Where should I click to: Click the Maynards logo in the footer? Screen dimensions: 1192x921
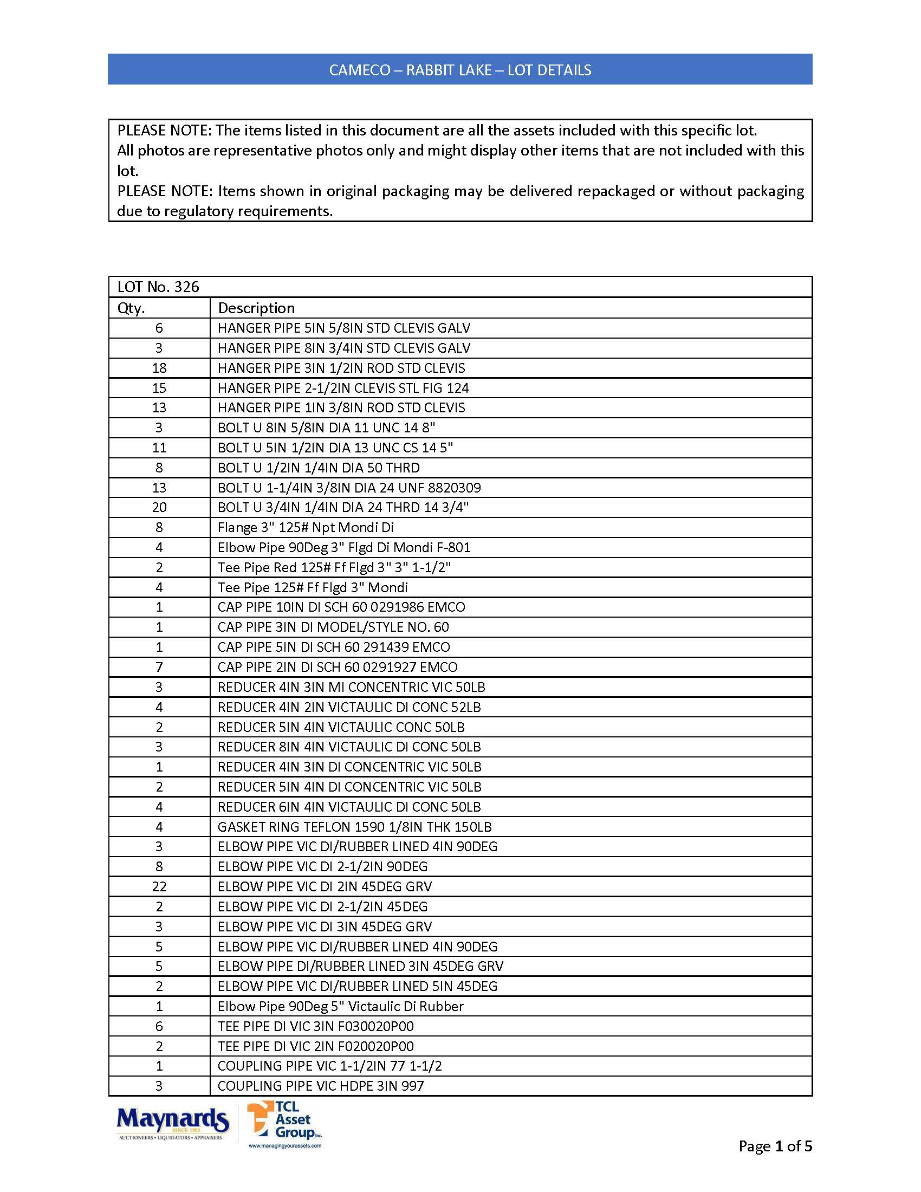pos(172,1123)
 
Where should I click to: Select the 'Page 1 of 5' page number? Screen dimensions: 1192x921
pos(775,1146)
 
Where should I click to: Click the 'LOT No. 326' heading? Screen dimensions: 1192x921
pos(158,287)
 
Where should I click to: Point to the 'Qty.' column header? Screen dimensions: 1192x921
pos(132,308)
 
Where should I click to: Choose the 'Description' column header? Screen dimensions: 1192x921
pos(256,308)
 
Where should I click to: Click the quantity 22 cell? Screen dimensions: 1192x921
pos(159,887)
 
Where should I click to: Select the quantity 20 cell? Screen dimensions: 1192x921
pos(159,508)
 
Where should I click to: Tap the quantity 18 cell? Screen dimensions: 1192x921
pos(159,368)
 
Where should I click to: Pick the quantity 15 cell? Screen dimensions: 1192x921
pos(159,388)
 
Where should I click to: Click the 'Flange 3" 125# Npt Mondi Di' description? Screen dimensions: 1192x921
pos(306,528)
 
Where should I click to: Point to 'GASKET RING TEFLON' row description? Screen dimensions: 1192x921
pos(355,827)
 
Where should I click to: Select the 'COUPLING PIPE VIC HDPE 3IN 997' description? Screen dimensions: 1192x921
pos(321,1086)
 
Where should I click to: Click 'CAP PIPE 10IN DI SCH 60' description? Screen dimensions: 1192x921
pos(341,607)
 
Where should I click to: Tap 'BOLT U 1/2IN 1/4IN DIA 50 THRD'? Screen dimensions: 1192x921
pos(319,468)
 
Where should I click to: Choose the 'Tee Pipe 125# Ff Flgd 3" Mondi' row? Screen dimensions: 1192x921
pos(313,588)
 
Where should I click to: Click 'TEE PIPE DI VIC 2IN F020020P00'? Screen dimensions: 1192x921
pos(315,1046)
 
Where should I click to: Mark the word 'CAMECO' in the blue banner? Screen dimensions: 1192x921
pos(360,70)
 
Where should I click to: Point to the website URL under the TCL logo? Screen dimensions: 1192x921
pos(285,1145)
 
